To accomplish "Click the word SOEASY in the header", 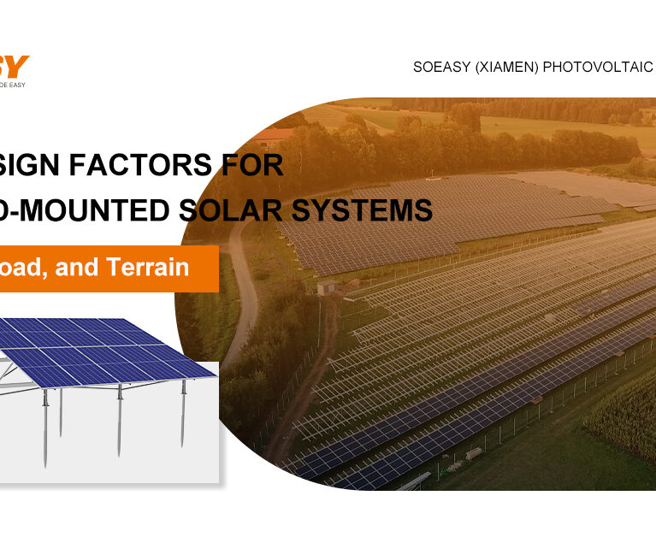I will pyautogui.click(x=444, y=67).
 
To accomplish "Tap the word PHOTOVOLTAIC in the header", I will pyautogui.click(x=604, y=67).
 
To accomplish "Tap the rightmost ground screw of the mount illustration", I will pyautogui.click(x=182, y=415).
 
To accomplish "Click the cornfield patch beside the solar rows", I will pyautogui.click(x=624, y=419).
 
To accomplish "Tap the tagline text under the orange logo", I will pyautogui.click(x=13, y=84).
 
